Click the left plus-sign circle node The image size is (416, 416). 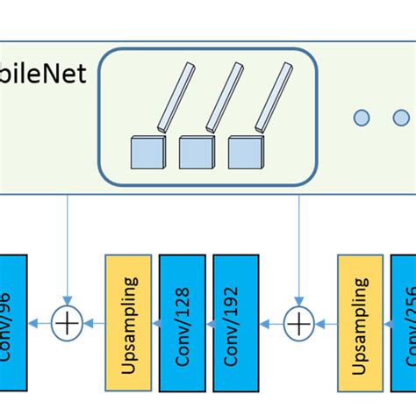68,324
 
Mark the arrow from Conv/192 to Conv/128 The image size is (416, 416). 209,324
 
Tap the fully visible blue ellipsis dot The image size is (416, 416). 362,118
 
